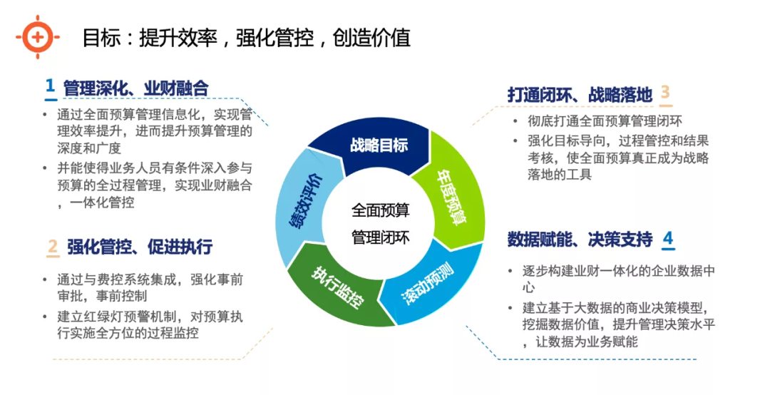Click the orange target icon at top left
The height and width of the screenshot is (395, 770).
[37, 36]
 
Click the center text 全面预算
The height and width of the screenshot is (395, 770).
[381, 210]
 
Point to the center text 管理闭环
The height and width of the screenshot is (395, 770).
[381, 237]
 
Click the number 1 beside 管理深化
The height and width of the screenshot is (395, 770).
[50, 86]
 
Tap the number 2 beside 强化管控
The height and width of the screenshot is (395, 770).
[52, 247]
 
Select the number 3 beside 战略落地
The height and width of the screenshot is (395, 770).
[665, 93]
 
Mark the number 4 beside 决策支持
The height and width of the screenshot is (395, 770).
[667, 238]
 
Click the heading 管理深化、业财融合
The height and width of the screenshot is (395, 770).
[135, 88]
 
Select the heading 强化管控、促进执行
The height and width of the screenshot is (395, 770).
[140, 247]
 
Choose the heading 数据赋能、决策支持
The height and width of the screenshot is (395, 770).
[580, 240]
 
